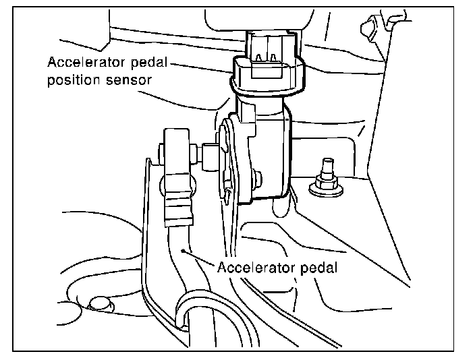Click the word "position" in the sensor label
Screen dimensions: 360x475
click(70, 80)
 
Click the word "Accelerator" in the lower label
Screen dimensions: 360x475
click(252, 266)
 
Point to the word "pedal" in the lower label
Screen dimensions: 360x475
click(316, 266)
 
